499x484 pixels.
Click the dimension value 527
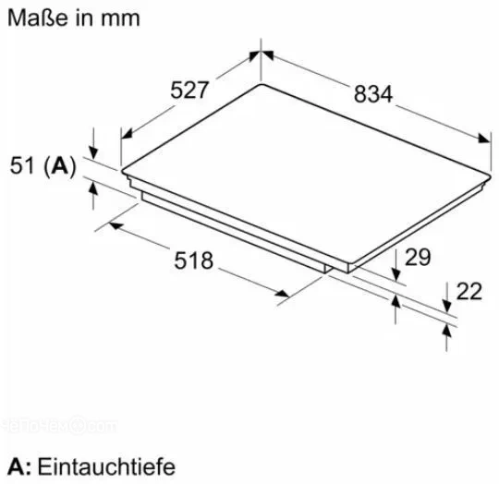pyautogui.click(x=189, y=91)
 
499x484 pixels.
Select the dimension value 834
pyautogui.click(x=373, y=94)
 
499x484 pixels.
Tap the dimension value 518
pyautogui.click(x=193, y=260)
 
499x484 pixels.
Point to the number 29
pyautogui.click(x=418, y=257)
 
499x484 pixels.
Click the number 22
pyautogui.click(x=469, y=291)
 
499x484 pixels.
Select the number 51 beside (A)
pyautogui.click(x=22, y=165)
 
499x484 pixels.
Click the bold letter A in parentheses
pyautogui.click(x=60, y=165)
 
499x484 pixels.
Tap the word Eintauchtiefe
pyautogui.click(x=106, y=466)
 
